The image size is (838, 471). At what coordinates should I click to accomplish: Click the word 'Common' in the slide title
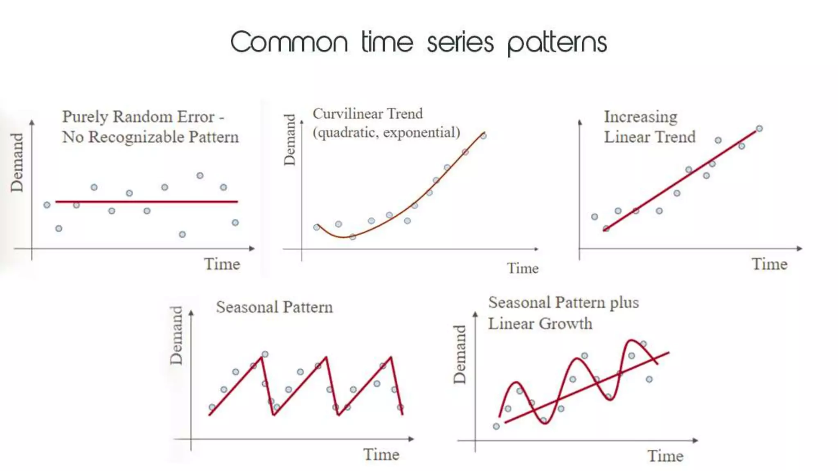pos(289,43)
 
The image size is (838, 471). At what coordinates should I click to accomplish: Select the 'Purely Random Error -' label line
pos(143,117)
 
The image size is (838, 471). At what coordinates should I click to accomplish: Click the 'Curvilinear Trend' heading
pos(367,114)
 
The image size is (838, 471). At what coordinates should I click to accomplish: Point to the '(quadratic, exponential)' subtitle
pos(386,132)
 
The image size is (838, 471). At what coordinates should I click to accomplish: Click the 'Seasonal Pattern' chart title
pos(274,307)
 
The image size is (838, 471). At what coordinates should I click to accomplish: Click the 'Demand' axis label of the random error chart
pos(17,162)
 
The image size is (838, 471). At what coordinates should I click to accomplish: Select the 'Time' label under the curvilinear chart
pos(523,269)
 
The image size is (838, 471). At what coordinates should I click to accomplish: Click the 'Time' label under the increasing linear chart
pos(769,264)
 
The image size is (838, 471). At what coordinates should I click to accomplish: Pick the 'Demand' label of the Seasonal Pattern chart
pos(176,335)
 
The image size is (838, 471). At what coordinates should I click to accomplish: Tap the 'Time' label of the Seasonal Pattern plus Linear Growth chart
pos(665,456)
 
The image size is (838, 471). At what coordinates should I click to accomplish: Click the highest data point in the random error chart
pos(200,176)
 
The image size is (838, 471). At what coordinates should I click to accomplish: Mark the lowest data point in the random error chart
pos(182,234)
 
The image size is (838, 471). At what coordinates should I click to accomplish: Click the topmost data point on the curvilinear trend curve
pos(484,136)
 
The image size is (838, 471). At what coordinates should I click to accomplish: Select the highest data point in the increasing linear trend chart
pos(759,129)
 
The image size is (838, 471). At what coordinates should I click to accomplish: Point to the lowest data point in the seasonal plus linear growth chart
pos(496,426)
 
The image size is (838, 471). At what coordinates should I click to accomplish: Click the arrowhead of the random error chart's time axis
pos(252,248)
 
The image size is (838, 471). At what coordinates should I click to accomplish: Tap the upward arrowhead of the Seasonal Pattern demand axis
pos(191,313)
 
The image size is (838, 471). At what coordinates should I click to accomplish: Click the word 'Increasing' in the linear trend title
pos(640,117)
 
